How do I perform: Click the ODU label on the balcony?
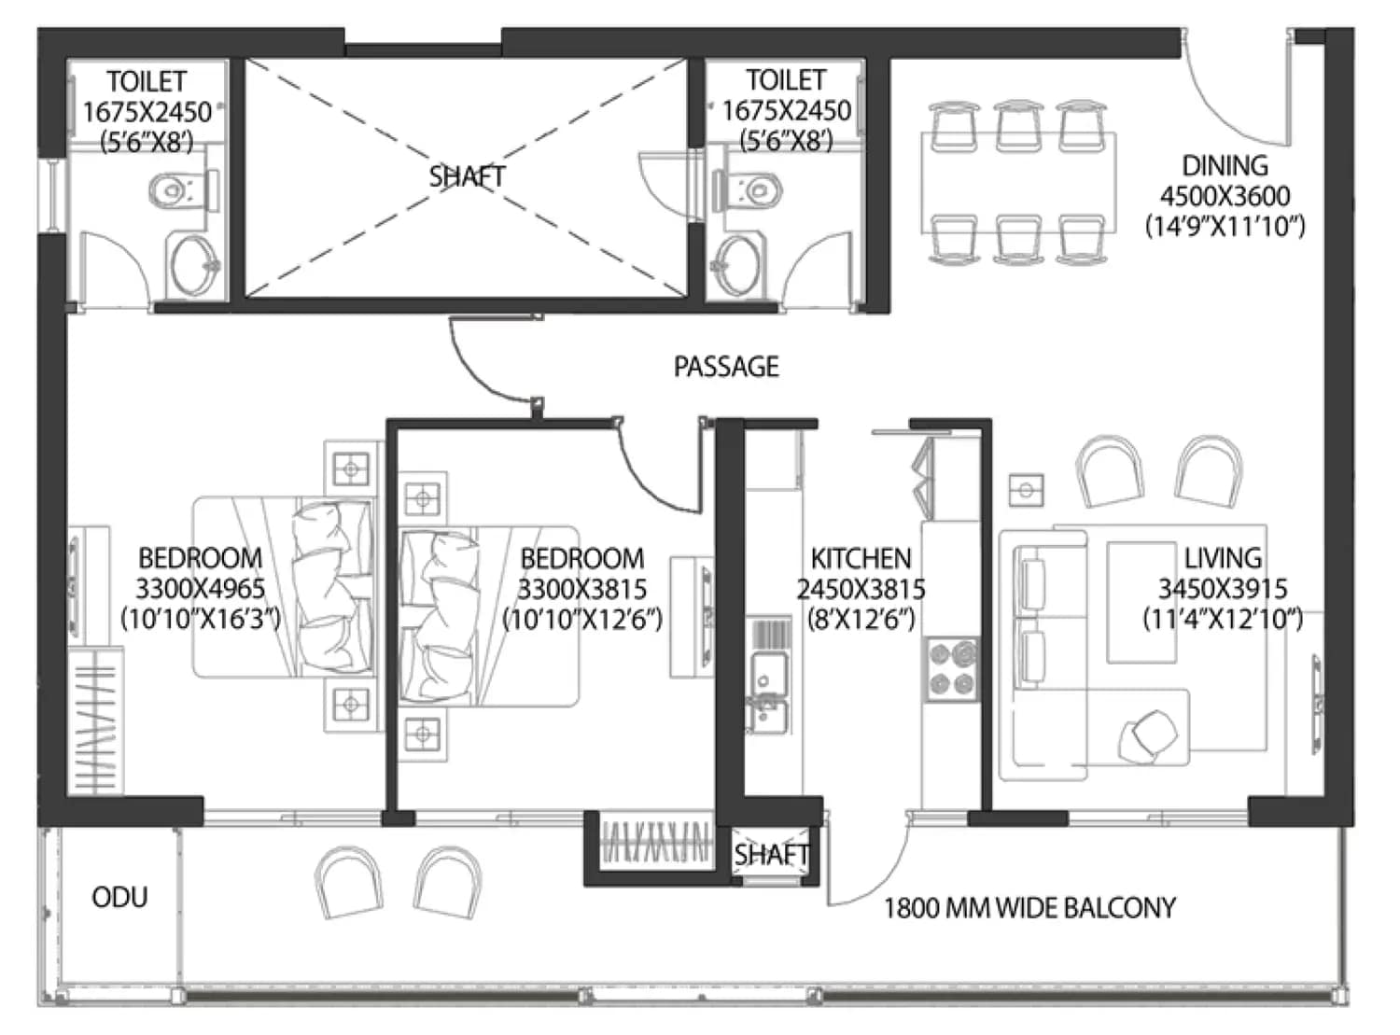(x=119, y=897)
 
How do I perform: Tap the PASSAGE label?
(x=726, y=367)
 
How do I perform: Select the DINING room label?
(x=1225, y=166)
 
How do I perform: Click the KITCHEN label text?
(x=861, y=558)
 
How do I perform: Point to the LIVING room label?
(x=1223, y=558)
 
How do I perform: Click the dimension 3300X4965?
(x=200, y=589)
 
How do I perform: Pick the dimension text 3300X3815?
(x=582, y=590)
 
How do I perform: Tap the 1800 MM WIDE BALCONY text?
(x=1029, y=908)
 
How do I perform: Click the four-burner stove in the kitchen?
(x=952, y=669)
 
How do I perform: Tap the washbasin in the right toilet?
(x=737, y=266)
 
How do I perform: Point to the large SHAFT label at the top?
(x=467, y=176)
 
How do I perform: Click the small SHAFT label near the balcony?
(x=771, y=855)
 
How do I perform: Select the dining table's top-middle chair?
(x=1017, y=126)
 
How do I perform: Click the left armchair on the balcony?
(x=348, y=882)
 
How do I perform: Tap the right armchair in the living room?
(x=1208, y=470)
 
